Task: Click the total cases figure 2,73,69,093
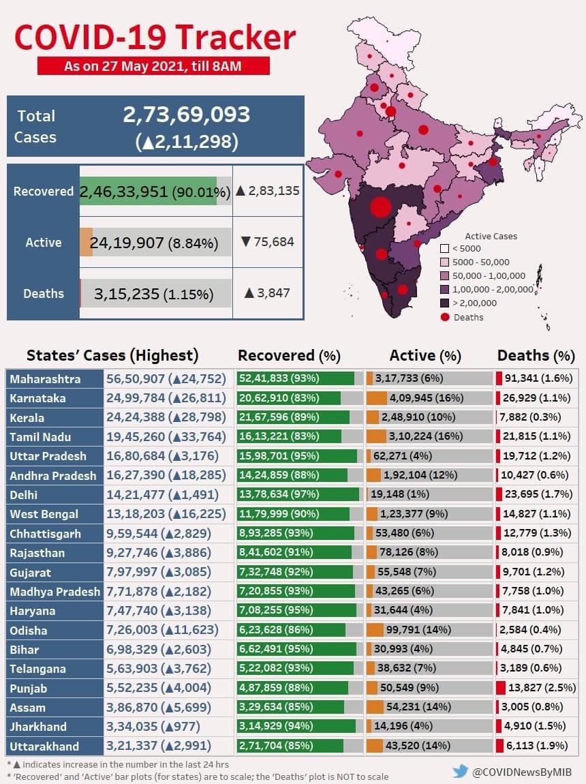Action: click(186, 115)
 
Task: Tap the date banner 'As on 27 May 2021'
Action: click(153, 66)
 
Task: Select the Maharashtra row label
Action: click(45, 378)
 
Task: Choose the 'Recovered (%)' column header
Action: click(288, 355)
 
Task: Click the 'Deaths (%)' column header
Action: click(536, 355)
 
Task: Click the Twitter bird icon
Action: click(461, 771)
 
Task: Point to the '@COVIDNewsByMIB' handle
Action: click(524, 772)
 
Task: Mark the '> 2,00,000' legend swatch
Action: click(444, 303)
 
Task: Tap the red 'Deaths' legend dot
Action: click(445, 317)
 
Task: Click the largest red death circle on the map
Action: click(381, 207)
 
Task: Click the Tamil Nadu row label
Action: click(41, 436)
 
